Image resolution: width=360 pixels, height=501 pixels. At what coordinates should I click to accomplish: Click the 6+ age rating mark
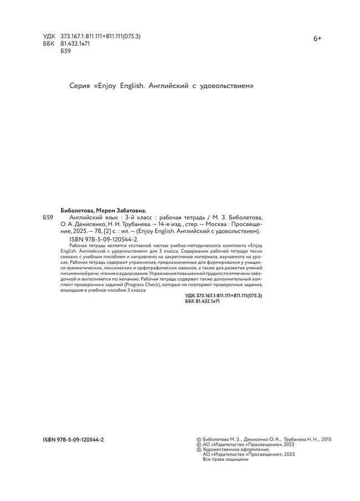tap(318, 38)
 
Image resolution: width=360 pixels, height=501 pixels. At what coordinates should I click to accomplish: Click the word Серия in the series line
tap(81, 87)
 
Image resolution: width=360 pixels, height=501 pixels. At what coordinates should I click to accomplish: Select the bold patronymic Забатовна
tap(131, 211)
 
